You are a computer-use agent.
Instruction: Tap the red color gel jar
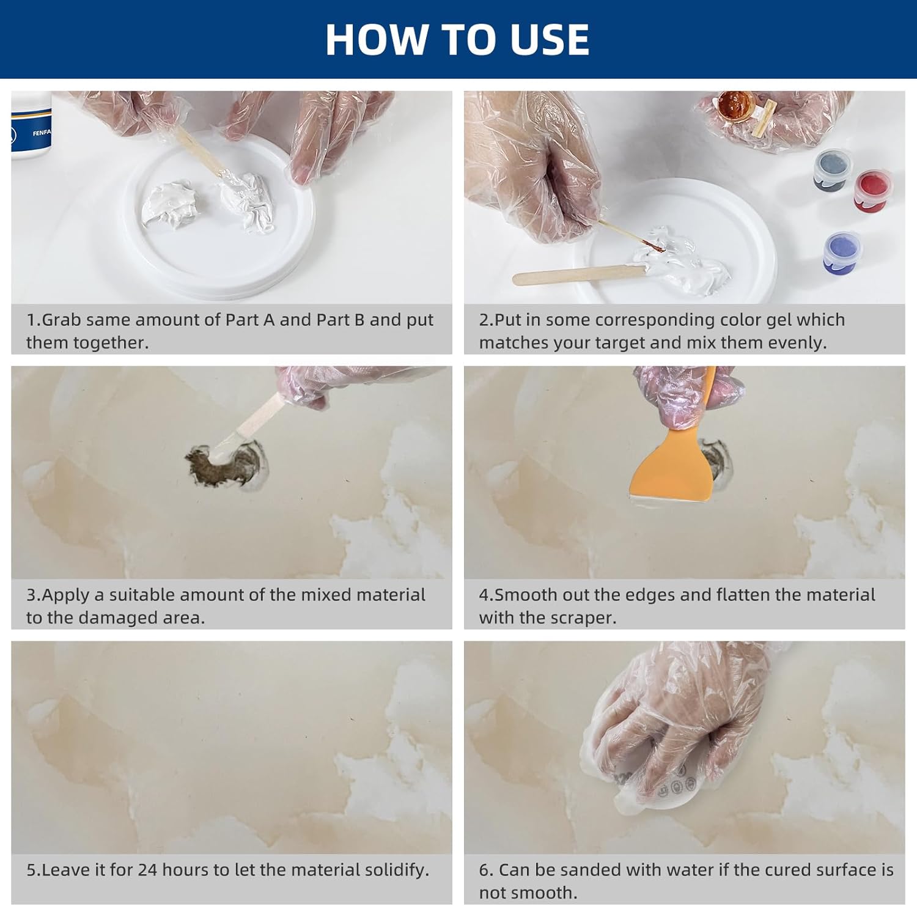coord(873,188)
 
